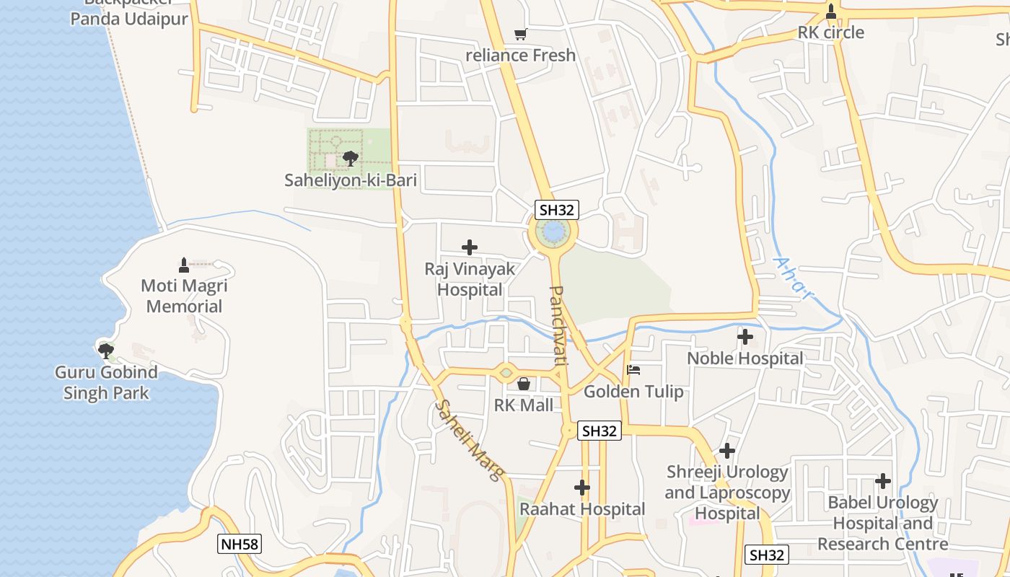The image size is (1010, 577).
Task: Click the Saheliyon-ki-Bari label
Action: pos(351,180)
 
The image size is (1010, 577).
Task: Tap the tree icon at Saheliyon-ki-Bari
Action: pos(351,158)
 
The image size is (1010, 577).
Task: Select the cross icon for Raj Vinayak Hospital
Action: pos(470,248)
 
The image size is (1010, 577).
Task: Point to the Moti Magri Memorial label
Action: pos(184,296)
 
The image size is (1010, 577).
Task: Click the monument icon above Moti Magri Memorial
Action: pos(184,265)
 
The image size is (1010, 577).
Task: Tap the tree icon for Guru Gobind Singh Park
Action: pos(106,351)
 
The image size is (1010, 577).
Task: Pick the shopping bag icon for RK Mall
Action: pos(524,384)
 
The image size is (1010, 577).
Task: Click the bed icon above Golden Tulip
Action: pos(633,370)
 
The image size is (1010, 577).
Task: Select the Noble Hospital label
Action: pos(745,358)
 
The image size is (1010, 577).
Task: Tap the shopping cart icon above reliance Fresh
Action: pos(520,34)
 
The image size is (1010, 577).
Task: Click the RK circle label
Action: pos(830,32)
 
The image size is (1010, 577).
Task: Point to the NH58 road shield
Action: pos(239,544)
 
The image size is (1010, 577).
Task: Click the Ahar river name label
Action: pos(792,277)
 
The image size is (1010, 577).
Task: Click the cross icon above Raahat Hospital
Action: pos(582,488)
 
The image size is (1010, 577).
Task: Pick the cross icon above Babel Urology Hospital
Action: pos(882,481)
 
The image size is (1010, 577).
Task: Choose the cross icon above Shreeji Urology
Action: pos(727,451)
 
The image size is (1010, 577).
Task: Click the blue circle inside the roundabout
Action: pos(553,232)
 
